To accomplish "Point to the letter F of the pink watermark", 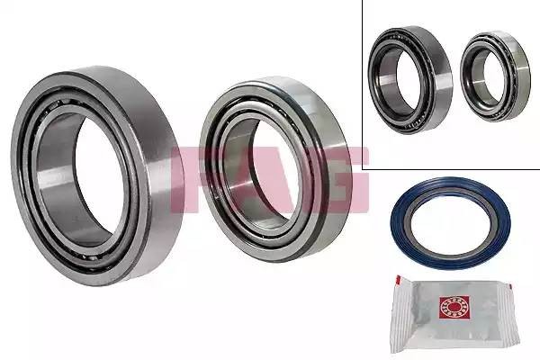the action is (x=188, y=179).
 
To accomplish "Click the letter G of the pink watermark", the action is (x=347, y=179).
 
